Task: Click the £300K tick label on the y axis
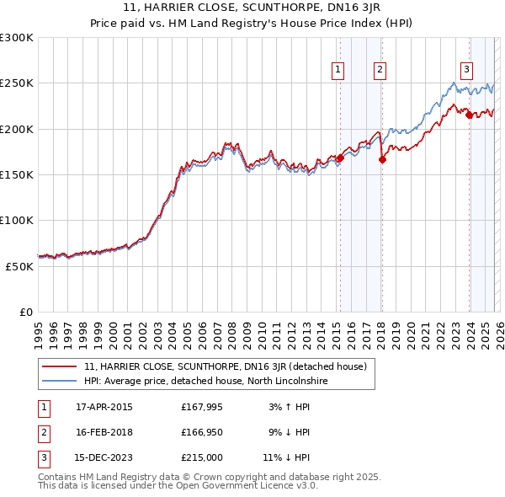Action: (17, 38)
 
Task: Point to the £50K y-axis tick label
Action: (19, 265)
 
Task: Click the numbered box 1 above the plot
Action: (338, 70)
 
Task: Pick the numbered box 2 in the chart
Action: (380, 70)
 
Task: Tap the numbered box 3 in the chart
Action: (466, 70)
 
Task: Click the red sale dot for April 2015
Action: (340, 158)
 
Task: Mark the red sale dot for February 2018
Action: (382, 159)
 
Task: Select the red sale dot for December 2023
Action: (469, 115)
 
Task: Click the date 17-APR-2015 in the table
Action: (104, 407)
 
